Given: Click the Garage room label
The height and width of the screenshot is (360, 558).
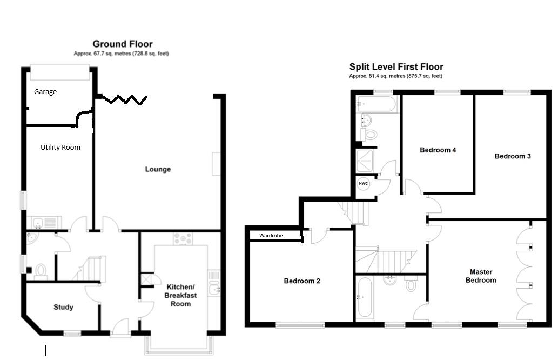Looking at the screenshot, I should (45, 92).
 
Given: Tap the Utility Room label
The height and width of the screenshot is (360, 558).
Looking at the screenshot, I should (60, 147).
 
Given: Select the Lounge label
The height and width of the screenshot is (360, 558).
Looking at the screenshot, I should (158, 169).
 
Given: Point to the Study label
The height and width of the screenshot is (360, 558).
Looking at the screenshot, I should (63, 307).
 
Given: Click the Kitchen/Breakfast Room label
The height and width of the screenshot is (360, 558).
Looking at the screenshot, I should (181, 295).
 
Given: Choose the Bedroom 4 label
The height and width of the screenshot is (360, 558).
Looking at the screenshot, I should (438, 150).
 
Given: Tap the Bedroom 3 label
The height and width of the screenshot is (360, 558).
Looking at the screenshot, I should (513, 156).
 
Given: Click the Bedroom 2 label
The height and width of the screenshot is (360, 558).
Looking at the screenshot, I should (302, 281).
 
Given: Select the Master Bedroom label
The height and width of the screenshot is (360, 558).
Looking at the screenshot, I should (480, 276).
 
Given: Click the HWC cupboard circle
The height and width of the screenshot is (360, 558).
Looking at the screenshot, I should (364, 184).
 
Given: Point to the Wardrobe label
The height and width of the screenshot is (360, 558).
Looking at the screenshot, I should (271, 236).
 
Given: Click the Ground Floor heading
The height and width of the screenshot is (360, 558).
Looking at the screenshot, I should (122, 44).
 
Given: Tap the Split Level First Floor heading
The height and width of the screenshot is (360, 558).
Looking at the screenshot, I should (396, 67).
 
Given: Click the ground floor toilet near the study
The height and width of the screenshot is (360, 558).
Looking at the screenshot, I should (40, 270).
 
